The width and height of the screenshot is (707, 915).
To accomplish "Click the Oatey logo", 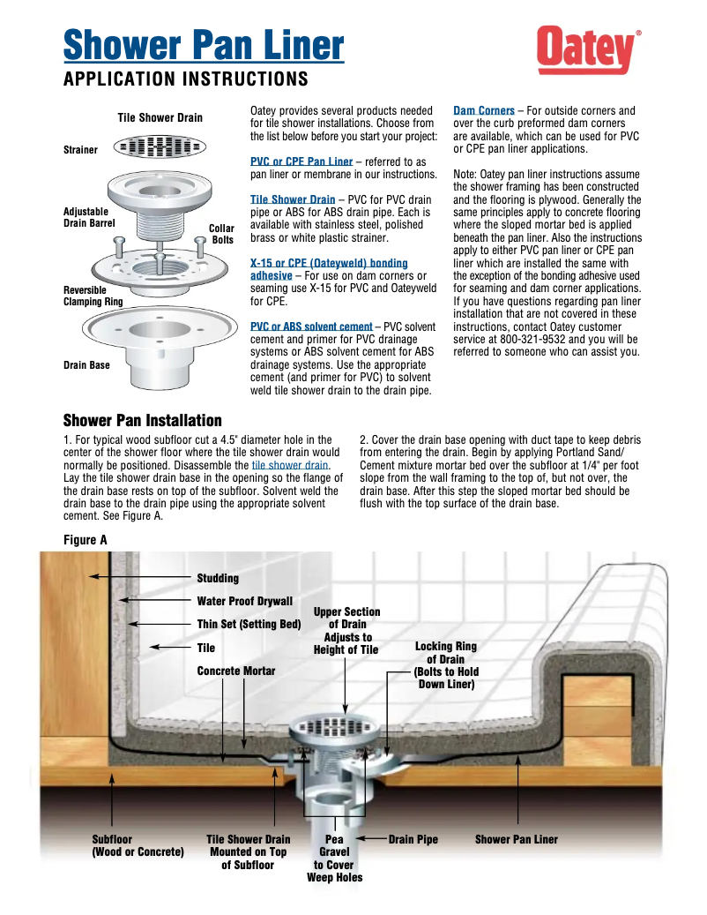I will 588,50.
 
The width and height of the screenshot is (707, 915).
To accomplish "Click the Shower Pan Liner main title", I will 204,44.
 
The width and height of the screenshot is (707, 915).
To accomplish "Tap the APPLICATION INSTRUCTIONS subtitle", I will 186,79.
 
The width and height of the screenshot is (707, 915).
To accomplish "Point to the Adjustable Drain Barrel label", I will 86,218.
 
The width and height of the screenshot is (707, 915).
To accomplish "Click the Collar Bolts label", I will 222,234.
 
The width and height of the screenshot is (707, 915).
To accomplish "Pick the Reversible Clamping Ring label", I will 92,296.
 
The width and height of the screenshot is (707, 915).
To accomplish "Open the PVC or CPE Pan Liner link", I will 301,162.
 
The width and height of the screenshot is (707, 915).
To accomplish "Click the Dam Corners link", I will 484,111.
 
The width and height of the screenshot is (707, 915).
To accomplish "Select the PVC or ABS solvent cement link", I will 311,327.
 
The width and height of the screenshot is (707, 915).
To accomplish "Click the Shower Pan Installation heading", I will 143,420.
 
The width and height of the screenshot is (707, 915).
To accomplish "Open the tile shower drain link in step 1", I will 291,465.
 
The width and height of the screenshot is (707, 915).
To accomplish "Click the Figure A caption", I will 86,539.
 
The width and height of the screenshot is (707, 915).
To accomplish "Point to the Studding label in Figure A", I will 218,579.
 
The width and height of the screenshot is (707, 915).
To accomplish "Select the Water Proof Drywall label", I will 244,602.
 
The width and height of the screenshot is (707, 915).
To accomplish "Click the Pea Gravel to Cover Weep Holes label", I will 334,859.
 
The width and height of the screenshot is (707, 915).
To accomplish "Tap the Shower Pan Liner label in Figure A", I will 517,840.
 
